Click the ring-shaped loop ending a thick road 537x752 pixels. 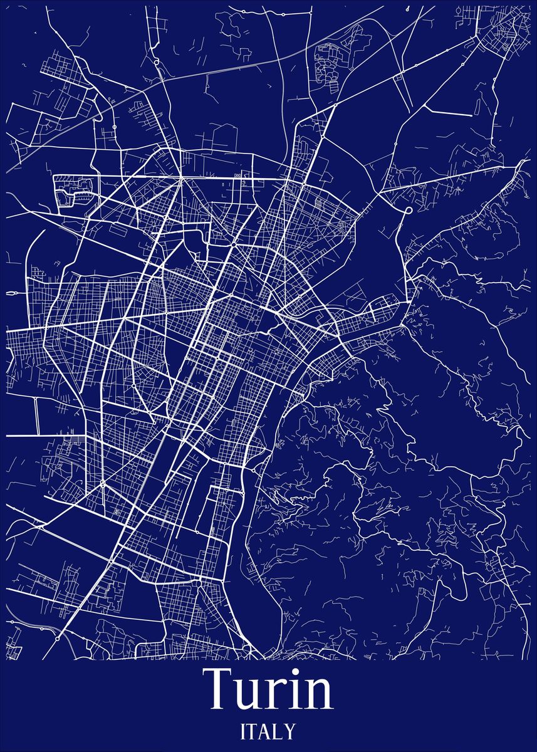point(408,210)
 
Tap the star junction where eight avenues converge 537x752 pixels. point(180,179)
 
